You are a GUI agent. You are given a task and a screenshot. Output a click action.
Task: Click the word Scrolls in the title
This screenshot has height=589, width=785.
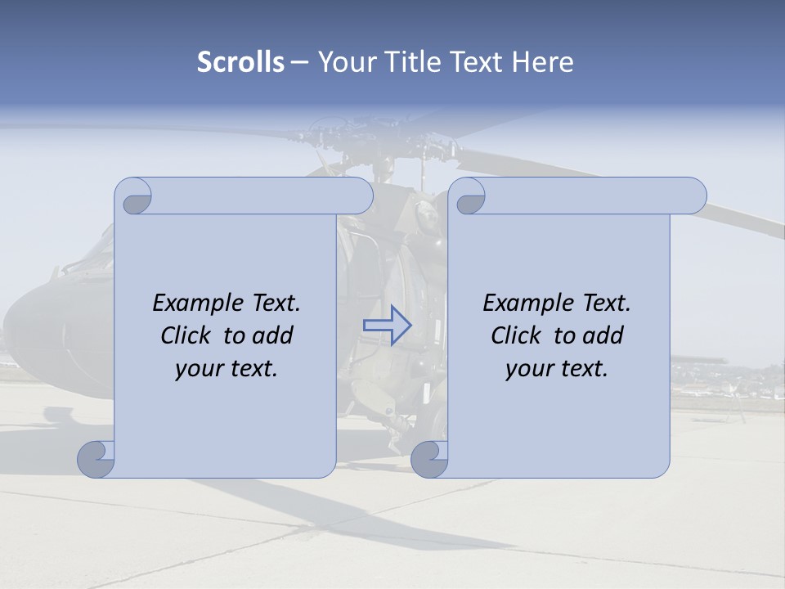click(x=241, y=62)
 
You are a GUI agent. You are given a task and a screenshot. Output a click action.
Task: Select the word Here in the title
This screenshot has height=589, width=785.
click(x=543, y=62)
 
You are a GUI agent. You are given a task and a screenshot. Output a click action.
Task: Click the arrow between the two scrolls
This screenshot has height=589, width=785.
click(x=387, y=326)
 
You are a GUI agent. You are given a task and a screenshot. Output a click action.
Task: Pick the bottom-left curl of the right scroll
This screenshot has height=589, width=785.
click(x=431, y=458)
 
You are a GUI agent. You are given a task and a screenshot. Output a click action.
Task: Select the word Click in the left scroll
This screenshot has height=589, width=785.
click(x=186, y=335)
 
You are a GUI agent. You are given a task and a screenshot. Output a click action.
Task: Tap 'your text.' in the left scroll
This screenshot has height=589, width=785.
click(x=227, y=368)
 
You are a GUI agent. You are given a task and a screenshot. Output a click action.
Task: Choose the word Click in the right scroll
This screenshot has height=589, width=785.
click(x=516, y=335)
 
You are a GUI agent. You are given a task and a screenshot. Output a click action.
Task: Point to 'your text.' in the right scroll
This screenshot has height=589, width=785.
click(x=557, y=368)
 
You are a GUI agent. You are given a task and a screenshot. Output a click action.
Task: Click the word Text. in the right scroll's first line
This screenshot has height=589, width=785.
click(x=606, y=303)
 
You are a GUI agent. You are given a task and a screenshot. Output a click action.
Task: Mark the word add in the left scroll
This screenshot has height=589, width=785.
click(x=273, y=335)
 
